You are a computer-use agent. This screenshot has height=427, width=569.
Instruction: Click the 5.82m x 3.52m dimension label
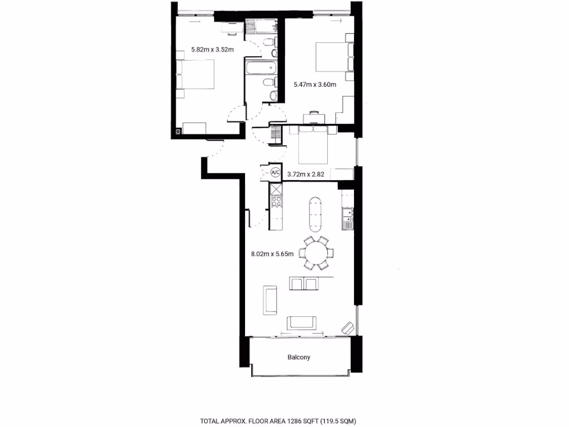tap(212, 49)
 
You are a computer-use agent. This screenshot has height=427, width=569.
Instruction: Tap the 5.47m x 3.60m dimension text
tap(315, 85)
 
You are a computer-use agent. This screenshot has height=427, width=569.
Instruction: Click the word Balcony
tap(299, 358)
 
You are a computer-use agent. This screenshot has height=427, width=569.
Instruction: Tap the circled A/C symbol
tap(276, 173)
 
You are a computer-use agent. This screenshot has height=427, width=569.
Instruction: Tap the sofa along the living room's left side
tap(270, 300)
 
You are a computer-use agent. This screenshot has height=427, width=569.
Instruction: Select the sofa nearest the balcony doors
tap(302, 322)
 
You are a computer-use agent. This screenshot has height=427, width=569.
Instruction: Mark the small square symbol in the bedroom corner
tap(178, 132)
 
